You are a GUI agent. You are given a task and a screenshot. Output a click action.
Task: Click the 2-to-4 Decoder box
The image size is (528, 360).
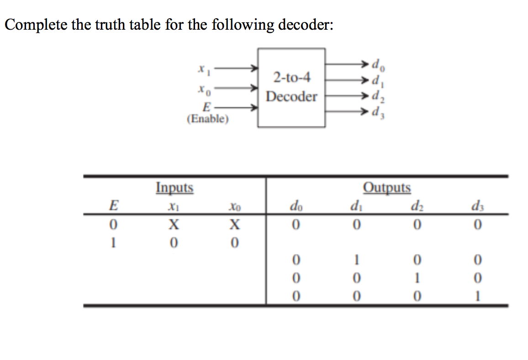[x=291, y=87]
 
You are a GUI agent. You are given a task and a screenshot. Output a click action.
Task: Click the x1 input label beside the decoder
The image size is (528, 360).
[x=201, y=69]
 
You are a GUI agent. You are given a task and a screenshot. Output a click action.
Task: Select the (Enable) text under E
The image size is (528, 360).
[x=208, y=119]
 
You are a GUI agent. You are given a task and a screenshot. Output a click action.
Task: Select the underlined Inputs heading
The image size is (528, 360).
[x=174, y=188]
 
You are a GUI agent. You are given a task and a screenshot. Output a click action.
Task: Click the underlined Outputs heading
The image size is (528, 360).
[x=387, y=188]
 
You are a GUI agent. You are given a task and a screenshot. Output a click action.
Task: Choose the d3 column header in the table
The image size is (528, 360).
[x=476, y=206]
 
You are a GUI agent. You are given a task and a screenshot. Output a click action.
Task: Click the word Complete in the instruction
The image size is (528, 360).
[x=36, y=25]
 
